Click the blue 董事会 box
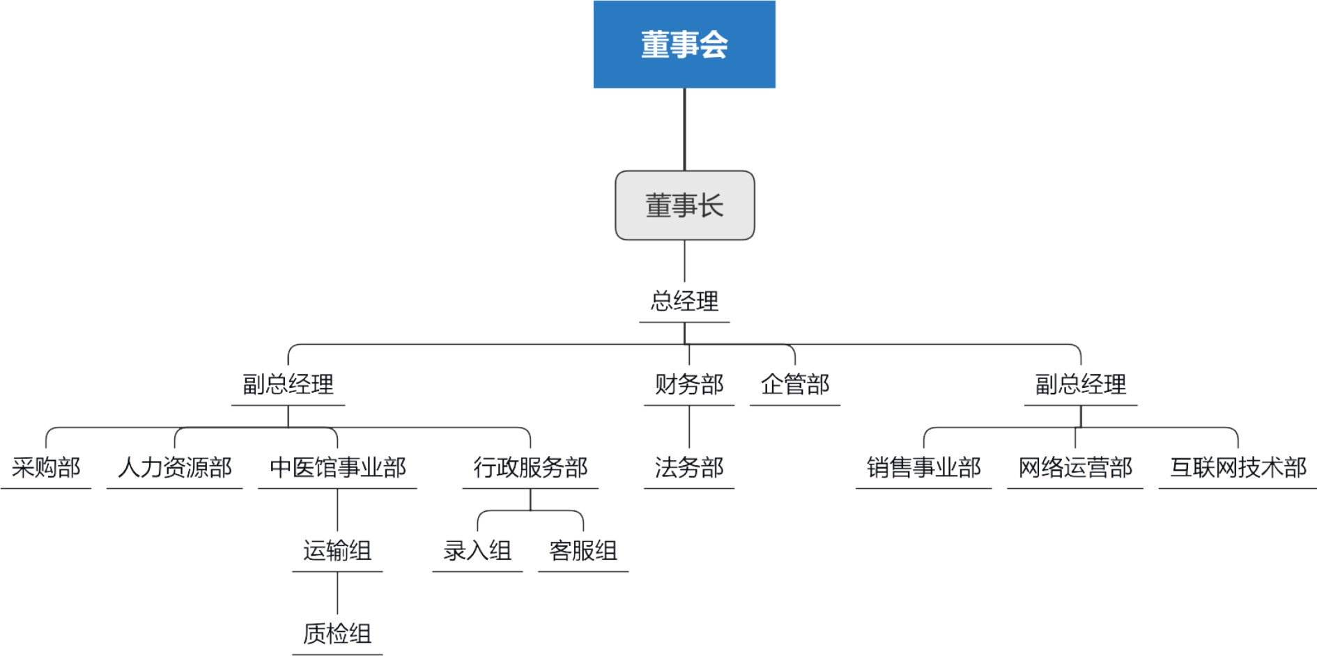point(684,44)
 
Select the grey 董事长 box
point(684,205)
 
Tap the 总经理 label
point(684,302)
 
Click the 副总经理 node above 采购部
point(288,384)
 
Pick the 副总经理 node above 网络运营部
point(1081,384)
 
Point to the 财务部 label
point(689,384)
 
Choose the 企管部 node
point(795,384)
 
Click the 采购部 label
point(46,467)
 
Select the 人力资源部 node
point(174,467)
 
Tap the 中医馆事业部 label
point(337,467)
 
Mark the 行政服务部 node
point(530,467)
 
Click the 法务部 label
point(689,467)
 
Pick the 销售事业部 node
point(923,467)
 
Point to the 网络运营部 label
point(1075,467)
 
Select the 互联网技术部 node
point(1238,467)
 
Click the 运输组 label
point(337,551)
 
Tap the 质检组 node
point(337,634)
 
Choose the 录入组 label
point(477,551)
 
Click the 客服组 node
point(583,551)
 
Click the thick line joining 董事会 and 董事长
point(684,130)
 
